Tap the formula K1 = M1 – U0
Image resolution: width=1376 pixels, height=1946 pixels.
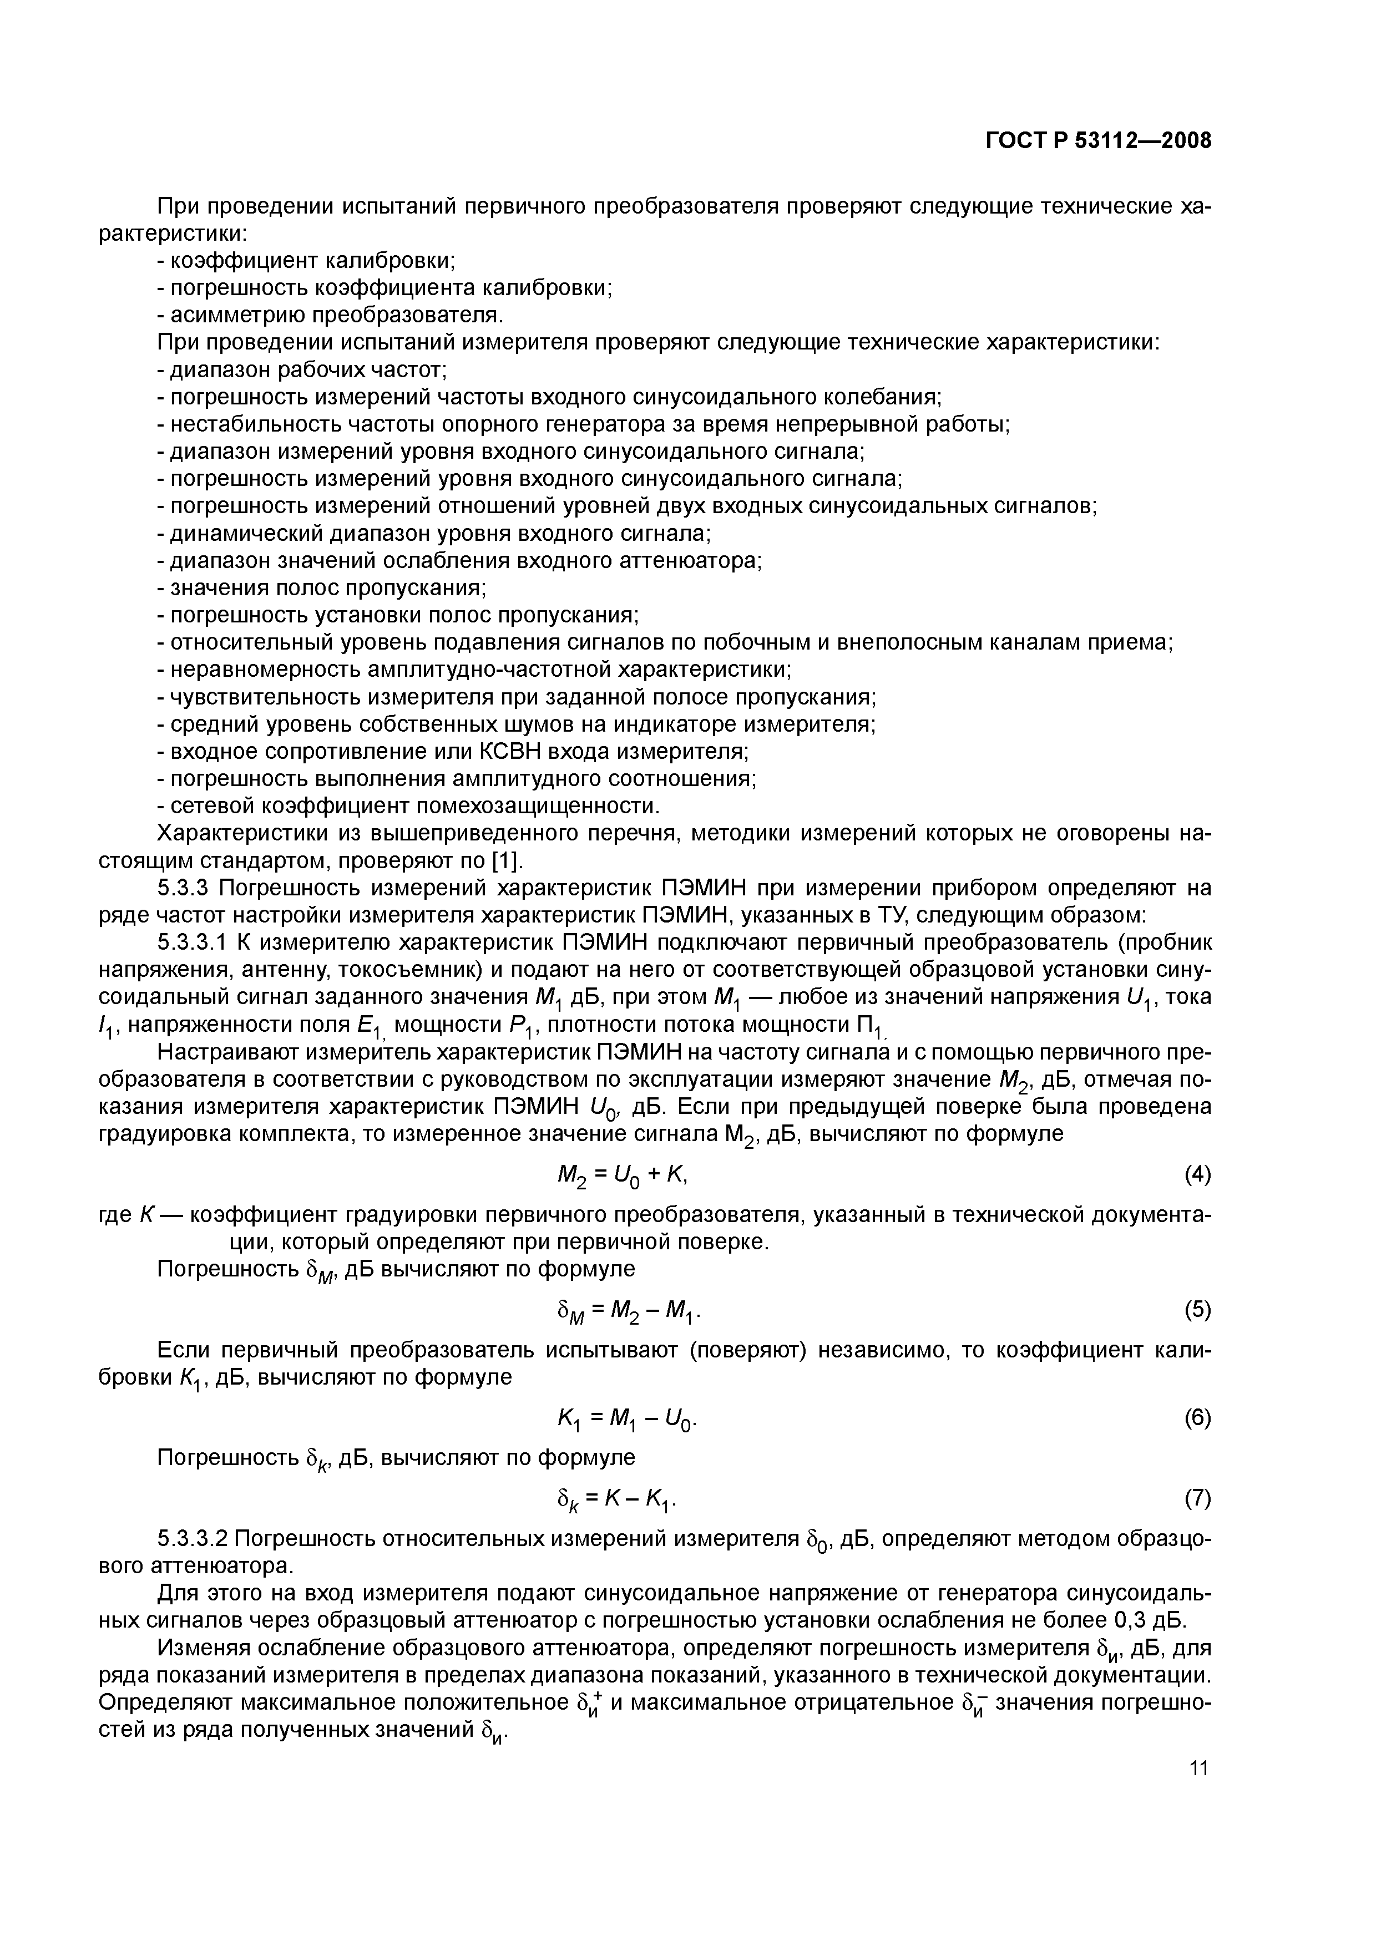628,1419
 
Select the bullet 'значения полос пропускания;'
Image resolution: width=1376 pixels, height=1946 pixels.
324,588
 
